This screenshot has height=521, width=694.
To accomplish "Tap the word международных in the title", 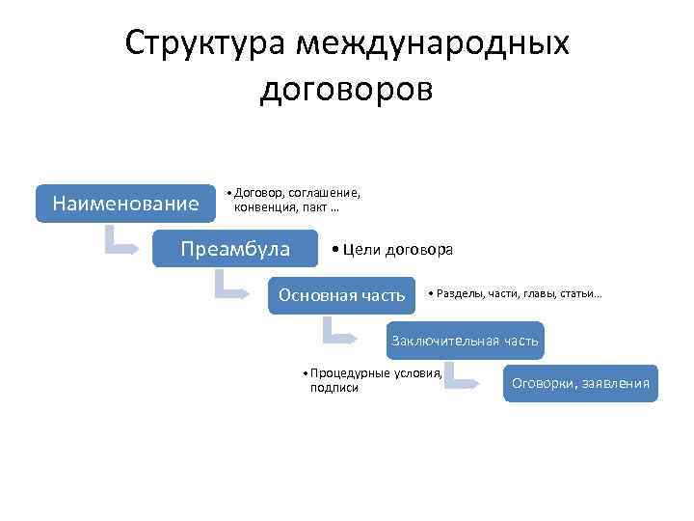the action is (x=433, y=44).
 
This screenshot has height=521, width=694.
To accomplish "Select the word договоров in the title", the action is (x=347, y=89).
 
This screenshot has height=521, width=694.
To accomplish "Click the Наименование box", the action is (x=125, y=204).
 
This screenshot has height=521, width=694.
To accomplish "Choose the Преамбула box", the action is (x=235, y=249).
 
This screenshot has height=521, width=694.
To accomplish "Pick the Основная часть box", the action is (x=341, y=294).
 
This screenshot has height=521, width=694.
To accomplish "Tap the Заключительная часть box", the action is (x=465, y=341).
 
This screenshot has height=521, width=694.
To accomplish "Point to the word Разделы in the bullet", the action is (x=459, y=293).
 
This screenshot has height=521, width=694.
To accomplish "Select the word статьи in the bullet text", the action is (x=579, y=293).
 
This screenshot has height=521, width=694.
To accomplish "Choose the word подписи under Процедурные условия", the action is (x=334, y=388).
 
